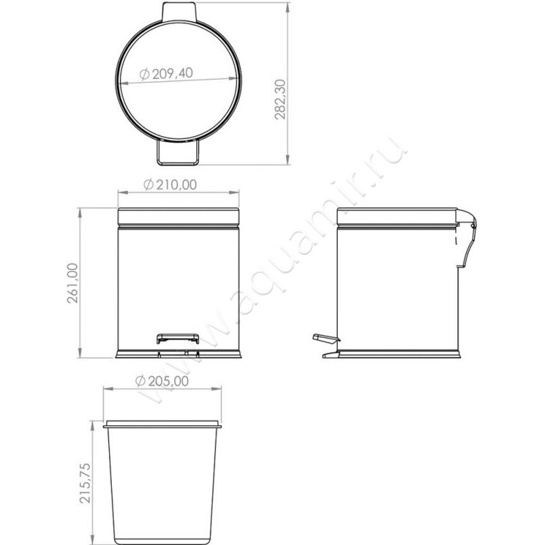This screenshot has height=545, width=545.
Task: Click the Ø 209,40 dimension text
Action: coord(166,74)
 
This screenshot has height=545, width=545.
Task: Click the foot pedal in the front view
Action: coord(178,337)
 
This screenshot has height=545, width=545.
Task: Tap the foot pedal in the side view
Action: coord(325,337)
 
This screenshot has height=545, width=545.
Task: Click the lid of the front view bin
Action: coord(178,217)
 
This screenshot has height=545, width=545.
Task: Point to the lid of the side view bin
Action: coord(397,217)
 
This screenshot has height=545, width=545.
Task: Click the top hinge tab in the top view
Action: coord(179,11)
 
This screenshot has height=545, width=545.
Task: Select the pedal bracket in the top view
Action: coord(178,153)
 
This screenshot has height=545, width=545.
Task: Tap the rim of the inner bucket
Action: coord(162,425)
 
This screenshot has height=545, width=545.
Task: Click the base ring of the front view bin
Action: coord(178,354)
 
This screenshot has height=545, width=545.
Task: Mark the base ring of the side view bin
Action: coord(399,354)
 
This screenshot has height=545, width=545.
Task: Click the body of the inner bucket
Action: coord(162,484)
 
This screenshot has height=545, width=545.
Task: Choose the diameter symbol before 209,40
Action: coord(144,76)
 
